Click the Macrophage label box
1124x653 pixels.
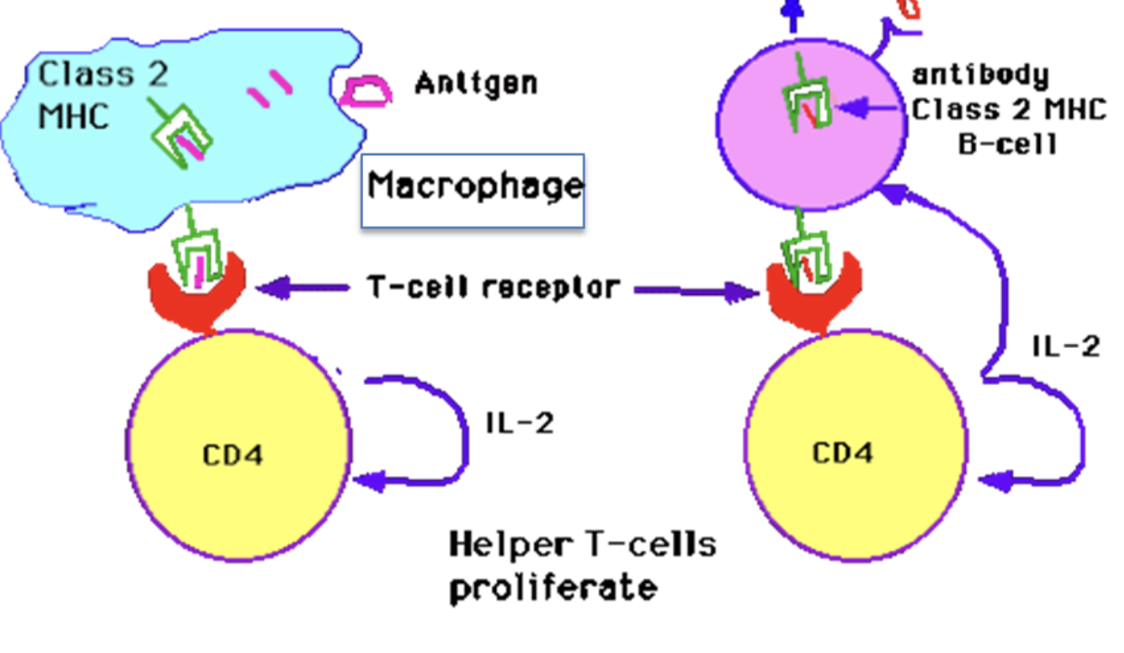[x=473, y=190]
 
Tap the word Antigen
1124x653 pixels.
[x=475, y=84]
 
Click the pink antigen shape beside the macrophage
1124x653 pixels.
[x=366, y=91]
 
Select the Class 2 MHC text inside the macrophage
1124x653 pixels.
[x=102, y=94]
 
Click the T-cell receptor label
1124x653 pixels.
[x=492, y=287]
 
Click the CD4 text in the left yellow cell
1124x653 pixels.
[x=233, y=456]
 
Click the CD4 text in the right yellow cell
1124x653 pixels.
[x=843, y=453]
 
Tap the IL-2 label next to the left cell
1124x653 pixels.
[x=520, y=424]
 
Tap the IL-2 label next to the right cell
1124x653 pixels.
[x=1066, y=346]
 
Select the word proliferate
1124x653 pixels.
[x=553, y=588]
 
